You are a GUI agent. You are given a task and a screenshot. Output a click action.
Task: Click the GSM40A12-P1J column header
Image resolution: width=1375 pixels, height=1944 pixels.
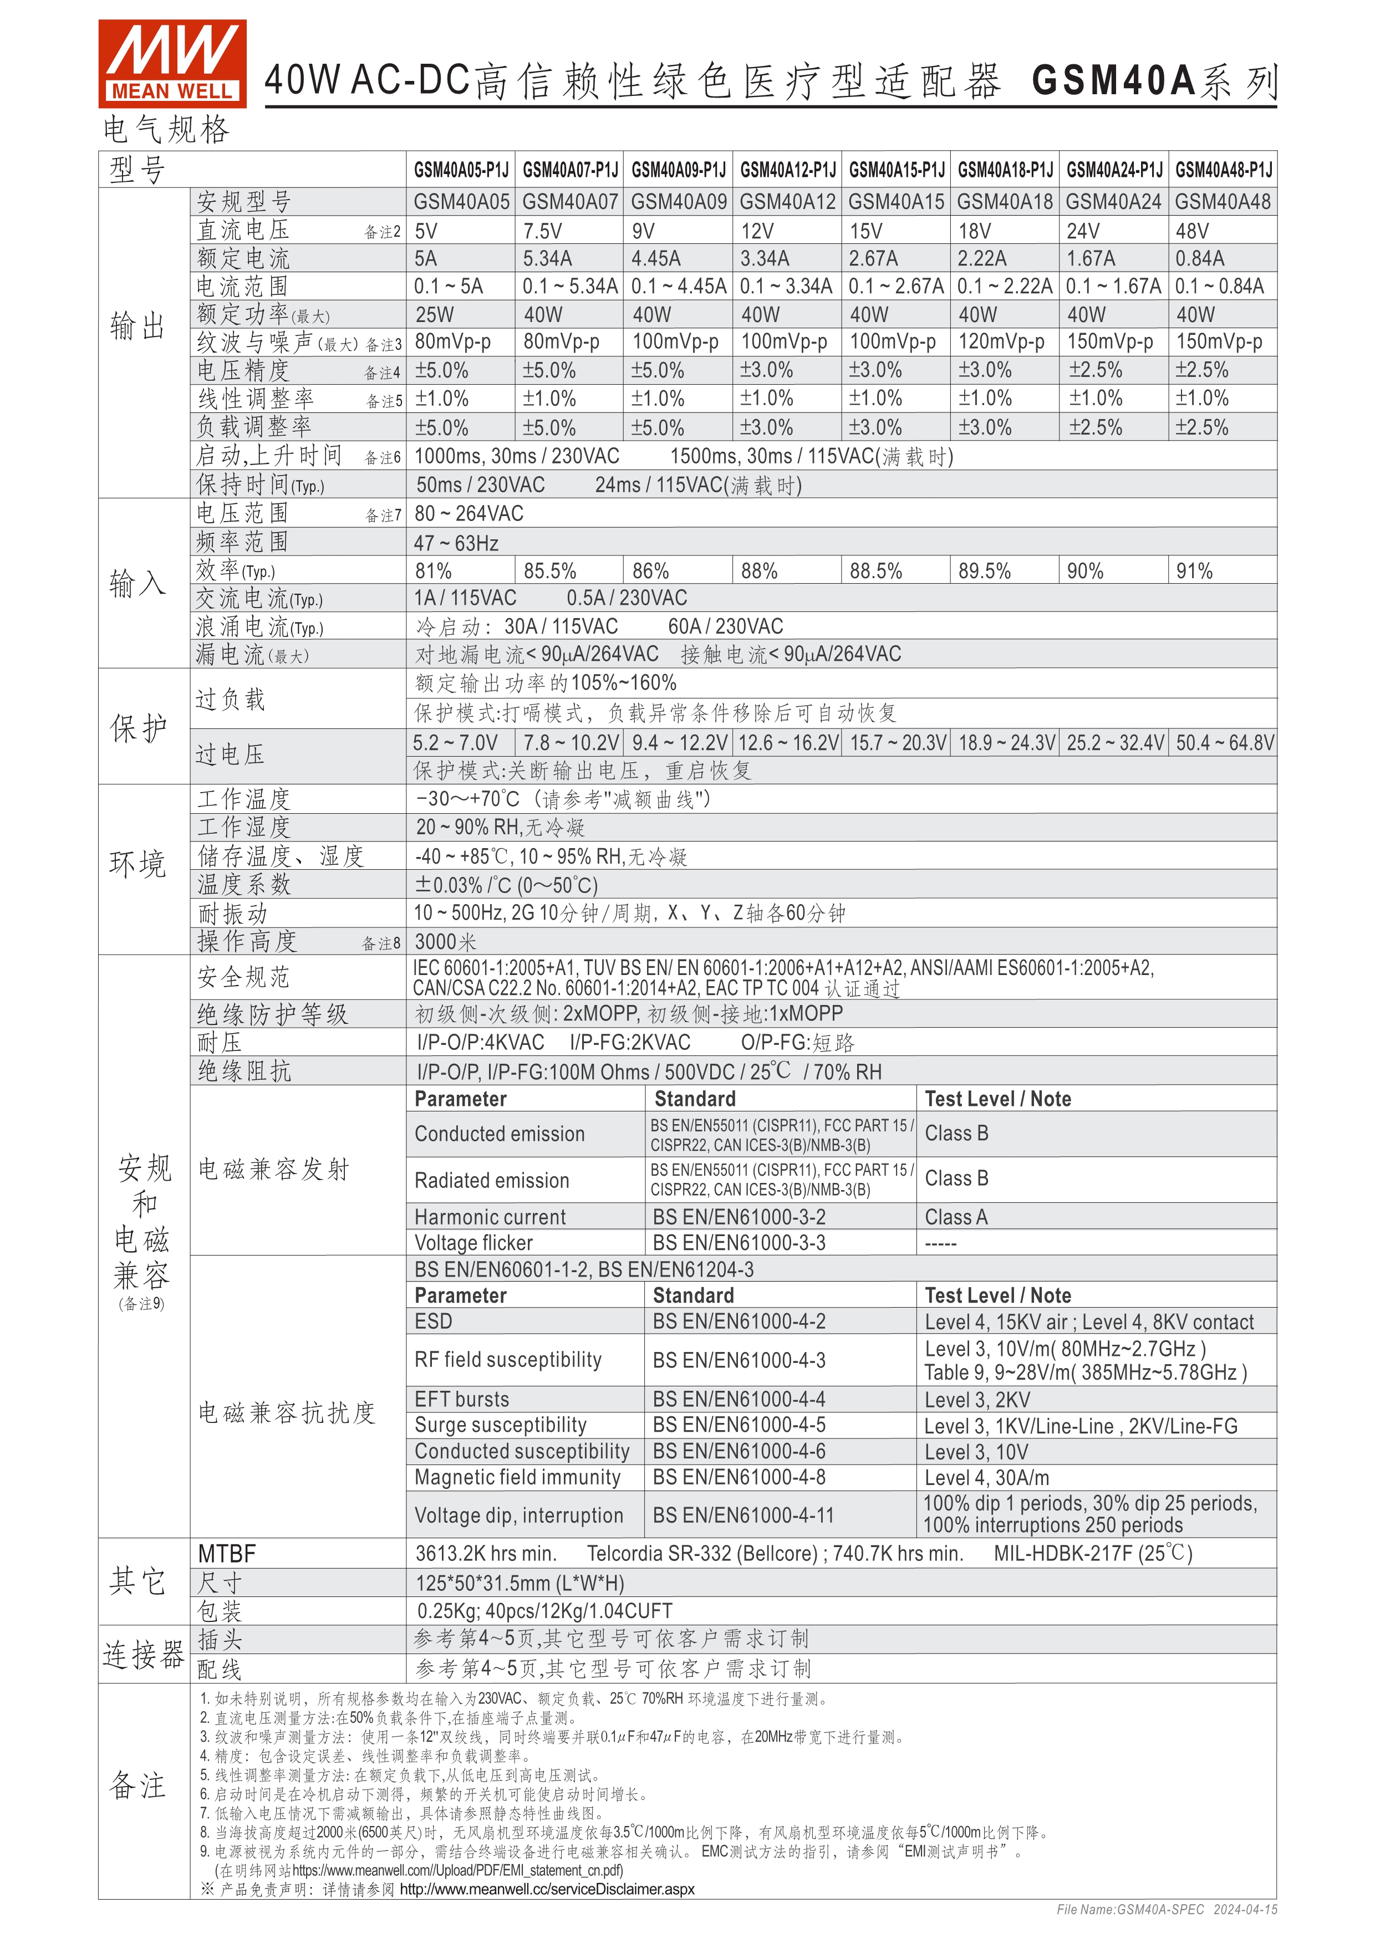[x=787, y=170]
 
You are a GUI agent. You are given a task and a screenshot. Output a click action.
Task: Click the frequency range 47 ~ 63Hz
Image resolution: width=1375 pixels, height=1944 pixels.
[x=456, y=543]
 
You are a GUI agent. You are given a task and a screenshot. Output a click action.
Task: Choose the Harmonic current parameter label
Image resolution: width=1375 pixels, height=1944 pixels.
[x=490, y=1217]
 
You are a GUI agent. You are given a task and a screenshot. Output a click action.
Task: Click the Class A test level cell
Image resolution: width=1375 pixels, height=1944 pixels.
[x=956, y=1217]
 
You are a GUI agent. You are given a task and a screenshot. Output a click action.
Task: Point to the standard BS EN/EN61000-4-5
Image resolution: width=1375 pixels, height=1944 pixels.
[x=739, y=1426]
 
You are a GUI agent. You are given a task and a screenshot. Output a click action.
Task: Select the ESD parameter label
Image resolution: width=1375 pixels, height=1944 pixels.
[x=434, y=1321]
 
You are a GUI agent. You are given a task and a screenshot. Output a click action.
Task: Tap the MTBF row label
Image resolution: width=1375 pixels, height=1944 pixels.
[x=227, y=1554]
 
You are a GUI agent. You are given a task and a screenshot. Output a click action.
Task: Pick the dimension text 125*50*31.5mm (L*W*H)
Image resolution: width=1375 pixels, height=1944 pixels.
[x=519, y=1583]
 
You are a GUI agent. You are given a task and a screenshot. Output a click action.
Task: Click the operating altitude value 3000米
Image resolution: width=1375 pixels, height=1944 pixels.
[x=445, y=942]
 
